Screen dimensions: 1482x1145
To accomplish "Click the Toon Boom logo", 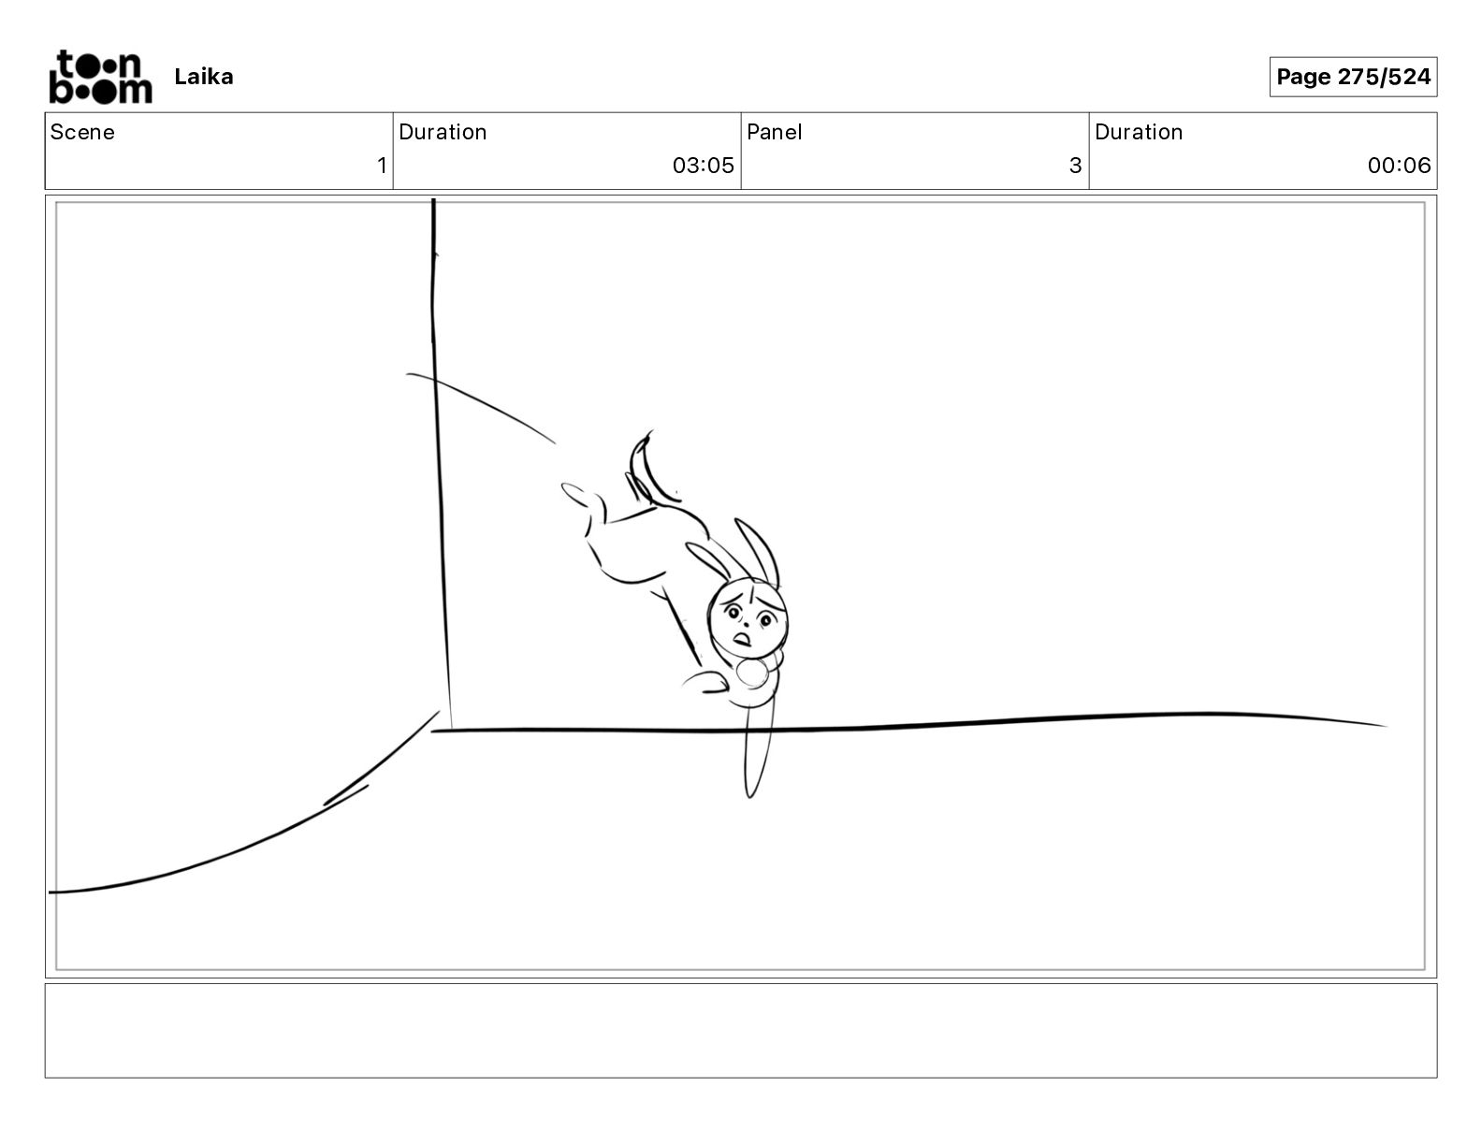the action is (101, 77).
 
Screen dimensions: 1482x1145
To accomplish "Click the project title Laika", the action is (203, 77).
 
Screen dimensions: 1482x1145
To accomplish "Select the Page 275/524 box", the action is (1353, 77).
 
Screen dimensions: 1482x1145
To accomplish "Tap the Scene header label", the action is (81, 132).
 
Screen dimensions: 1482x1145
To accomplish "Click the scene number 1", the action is (382, 165).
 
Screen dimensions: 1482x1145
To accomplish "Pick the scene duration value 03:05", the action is (703, 165).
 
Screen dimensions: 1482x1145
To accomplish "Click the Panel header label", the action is (774, 132).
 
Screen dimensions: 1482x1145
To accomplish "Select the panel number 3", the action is (1075, 165).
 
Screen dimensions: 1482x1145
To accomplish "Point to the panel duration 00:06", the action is (1399, 165).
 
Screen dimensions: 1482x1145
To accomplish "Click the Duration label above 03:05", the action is (443, 132).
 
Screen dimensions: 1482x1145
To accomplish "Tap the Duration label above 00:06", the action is (1139, 132).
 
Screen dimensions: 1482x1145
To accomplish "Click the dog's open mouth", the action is (742, 640).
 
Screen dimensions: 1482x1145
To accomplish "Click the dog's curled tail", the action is (647, 470).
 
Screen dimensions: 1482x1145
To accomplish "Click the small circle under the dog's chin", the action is (751, 674).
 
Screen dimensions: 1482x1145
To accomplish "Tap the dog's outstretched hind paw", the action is (577, 495).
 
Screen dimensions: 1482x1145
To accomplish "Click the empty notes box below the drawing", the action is (741, 1031).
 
